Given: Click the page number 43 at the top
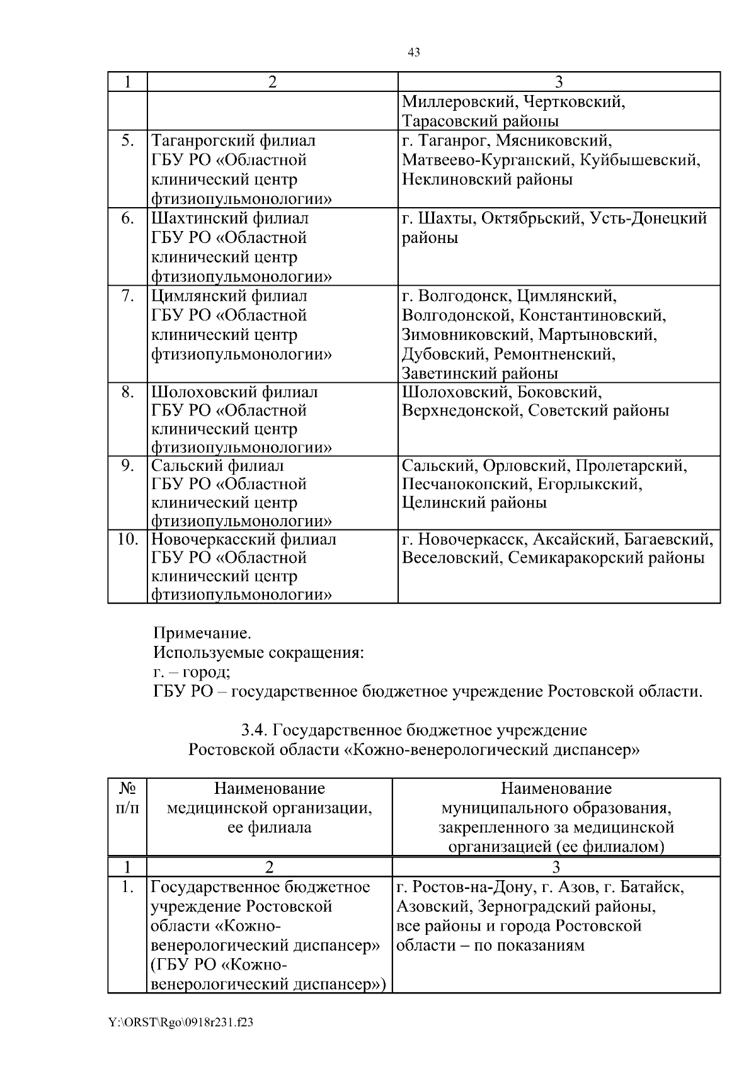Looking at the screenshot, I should (414, 52).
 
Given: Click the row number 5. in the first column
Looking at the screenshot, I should (128, 140).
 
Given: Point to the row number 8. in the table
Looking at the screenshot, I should (128, 392).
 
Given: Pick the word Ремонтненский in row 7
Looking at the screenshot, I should (554, 354).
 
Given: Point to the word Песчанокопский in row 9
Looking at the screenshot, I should (467, 484).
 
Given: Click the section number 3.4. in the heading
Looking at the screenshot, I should (256, 730).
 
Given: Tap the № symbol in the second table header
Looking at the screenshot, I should (127, 788).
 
